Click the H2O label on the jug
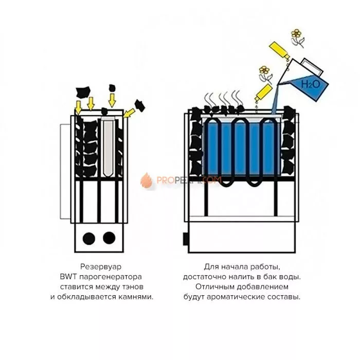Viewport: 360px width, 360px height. [310, 84]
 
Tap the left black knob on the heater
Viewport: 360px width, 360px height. [89, 238]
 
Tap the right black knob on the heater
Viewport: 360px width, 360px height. [109, 238]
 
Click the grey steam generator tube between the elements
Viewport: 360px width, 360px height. [108, 147]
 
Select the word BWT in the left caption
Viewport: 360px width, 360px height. [68, 277]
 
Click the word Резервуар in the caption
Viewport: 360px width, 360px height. [101, 267]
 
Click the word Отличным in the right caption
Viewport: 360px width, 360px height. [215, 287]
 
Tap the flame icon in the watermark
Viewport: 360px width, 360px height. [147, 180]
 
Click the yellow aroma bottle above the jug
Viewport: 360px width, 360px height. [279, 50]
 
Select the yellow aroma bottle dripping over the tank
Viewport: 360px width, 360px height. [263, 93]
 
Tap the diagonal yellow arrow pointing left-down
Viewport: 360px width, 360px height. [129, 113]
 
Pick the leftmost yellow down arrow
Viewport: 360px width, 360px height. [79, 107]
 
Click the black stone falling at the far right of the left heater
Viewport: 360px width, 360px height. [139, 105]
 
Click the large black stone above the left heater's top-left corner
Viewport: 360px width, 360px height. [83, 92]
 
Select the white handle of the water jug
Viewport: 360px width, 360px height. [312, 67]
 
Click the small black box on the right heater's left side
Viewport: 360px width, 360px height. [186, 239]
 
